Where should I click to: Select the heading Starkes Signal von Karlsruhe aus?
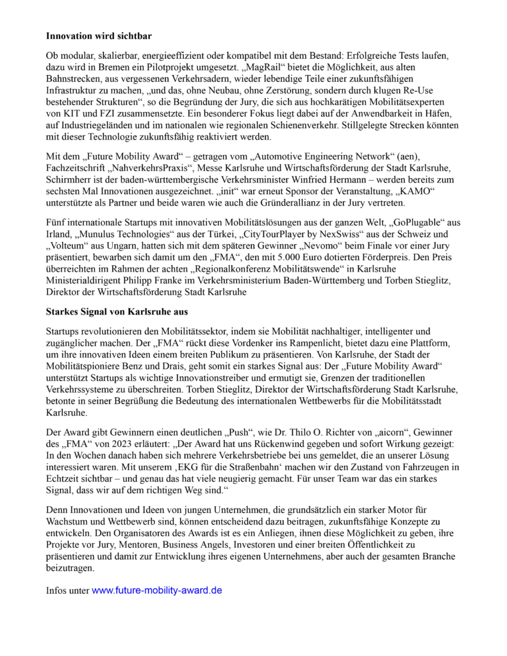[117, 311]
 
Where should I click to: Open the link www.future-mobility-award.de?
[157, 590]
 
